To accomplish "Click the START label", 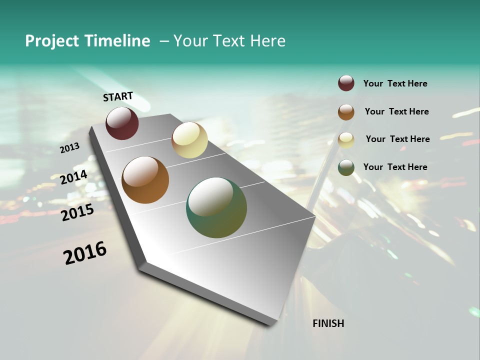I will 118,96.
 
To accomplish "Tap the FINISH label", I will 328,323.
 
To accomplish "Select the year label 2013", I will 69,148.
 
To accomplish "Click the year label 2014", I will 73,177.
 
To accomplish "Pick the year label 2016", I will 85,253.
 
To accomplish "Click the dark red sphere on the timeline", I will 122,123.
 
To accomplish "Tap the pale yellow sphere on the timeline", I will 189,140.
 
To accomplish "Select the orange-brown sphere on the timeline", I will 145,180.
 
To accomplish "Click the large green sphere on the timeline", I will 216,207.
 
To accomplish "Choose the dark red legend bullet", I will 346,83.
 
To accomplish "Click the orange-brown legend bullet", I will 346,112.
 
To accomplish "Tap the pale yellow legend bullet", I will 346,140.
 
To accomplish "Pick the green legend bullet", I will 346,167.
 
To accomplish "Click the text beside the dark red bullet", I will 395,83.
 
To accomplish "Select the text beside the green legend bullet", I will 395,167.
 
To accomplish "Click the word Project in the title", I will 52,41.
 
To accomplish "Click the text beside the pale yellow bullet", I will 397,139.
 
